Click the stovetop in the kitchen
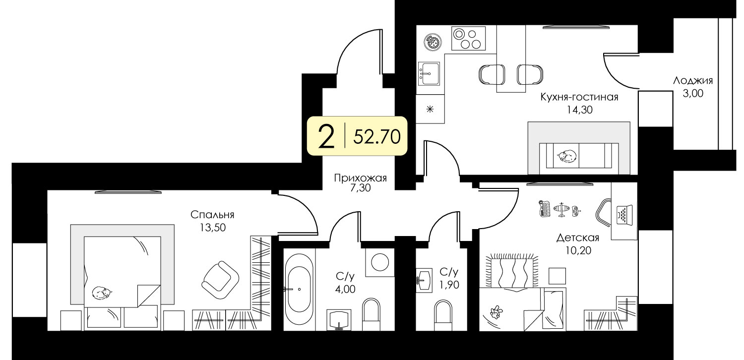pyautogui.click(x=468, y=39)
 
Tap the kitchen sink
pyautogui.click(x=429, y=74)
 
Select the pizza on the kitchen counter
pyautogui.click(x=433, y=42)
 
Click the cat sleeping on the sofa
pyautogui.click(x=566, y=156)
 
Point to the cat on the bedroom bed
pyautogui.click(x=102, y=293)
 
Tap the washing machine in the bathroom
pyautogui.click(x=380, y=262)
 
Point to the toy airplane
pyautogui.click(x=561, y=210)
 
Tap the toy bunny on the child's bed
pyautogui.click(x=496, y=312)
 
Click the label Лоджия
pyautogui.click(x=693, y=81)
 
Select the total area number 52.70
pyautogui.click(x=377, y=136)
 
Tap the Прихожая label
pyautogui.click(x=361, y=179)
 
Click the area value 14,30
pyautogui.click(x=580, y=110)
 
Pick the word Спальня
pyautogui.click(x=213, y=215)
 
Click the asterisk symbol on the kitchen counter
pyautogui.click(x=430, y=109)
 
